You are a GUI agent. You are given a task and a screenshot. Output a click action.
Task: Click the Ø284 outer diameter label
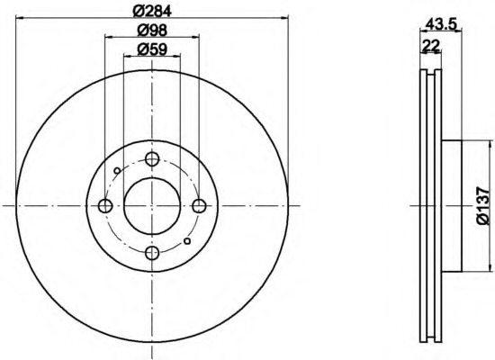coord(151,11)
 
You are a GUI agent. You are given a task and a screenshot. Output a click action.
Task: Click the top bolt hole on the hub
coord(151,160)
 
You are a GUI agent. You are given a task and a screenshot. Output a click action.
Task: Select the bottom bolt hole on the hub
coord(151,252)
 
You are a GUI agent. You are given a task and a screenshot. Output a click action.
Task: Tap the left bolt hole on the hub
coord(105,206)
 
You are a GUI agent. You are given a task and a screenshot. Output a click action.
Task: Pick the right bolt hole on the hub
coord(197,206)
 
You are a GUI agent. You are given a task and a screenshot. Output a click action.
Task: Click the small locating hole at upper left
coord(117,170)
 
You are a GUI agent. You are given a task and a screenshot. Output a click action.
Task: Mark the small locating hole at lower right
coord(186,241)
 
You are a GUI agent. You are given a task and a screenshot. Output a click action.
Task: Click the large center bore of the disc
coord(151,206)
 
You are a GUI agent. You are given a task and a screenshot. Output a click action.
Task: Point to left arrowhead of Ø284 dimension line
coord(21,18)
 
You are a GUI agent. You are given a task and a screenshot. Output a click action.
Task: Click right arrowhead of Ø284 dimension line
coord(282,18)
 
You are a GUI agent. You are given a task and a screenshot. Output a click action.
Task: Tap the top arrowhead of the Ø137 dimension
coord(489,144)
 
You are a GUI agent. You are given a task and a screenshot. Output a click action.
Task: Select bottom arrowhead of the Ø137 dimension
coord(489,267)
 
